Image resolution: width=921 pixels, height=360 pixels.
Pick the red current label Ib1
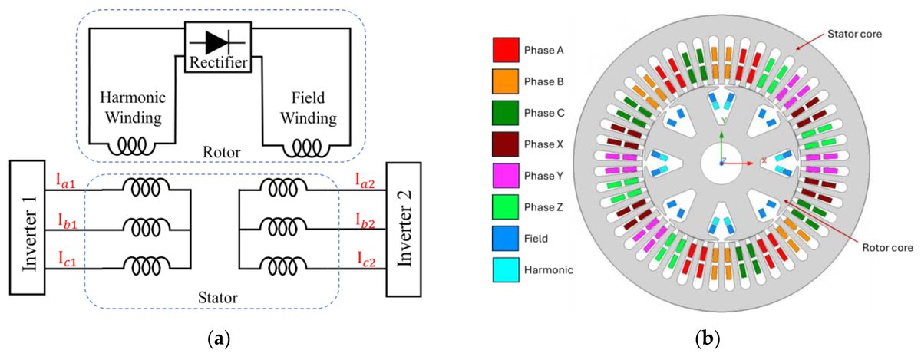[67, 220]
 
